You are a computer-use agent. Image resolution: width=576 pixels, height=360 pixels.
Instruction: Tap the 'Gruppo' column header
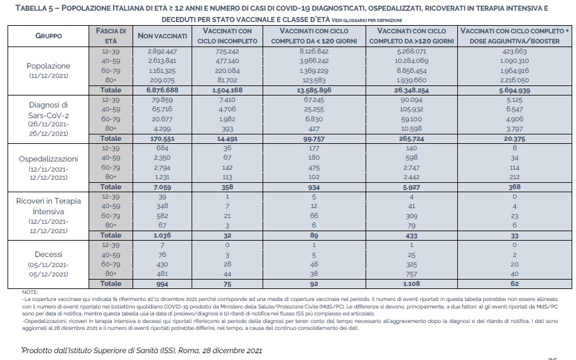[48, 36]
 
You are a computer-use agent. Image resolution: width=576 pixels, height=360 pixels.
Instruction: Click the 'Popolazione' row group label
[48, 65]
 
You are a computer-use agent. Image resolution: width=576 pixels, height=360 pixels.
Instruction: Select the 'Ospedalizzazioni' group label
[48, 158]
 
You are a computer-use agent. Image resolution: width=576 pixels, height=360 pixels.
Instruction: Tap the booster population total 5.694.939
[515, 90]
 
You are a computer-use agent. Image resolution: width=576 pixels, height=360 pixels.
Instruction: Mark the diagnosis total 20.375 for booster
[515, 138]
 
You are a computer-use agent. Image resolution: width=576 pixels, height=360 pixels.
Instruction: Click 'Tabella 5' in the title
[30, 8]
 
